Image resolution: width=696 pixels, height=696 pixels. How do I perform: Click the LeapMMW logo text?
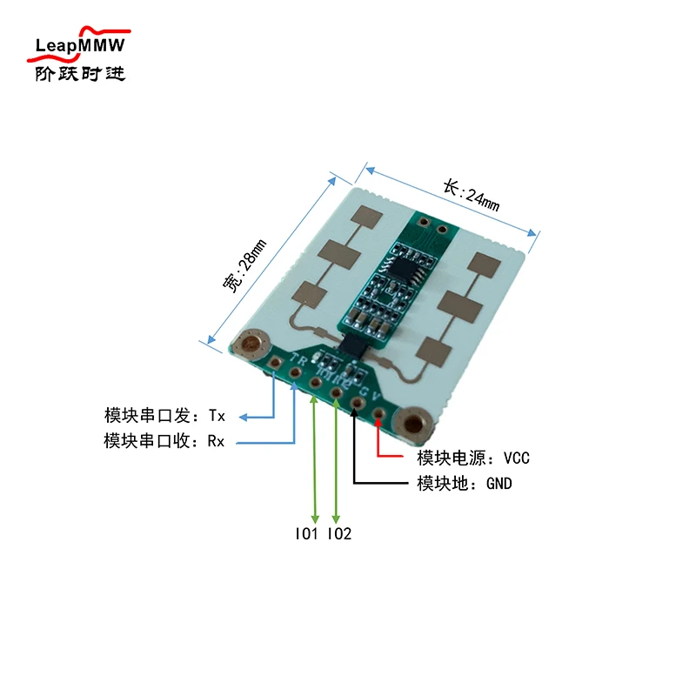(x=80, y=44)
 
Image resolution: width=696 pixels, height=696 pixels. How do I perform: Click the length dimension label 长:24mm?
(x=471, y=197)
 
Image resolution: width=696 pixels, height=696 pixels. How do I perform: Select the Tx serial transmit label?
(x=164, y=416)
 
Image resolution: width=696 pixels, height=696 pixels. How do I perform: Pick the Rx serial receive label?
(x=164, y=441)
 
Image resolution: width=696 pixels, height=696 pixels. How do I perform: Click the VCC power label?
(x=473, y=458)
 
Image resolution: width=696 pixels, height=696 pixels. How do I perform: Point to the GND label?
(x=465, y=484)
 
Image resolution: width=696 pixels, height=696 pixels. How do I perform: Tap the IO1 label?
(x=306, y=534)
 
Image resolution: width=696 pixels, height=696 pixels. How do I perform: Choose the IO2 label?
(x=339, y=534)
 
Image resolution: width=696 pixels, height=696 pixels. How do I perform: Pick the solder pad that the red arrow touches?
(x=378, y=412)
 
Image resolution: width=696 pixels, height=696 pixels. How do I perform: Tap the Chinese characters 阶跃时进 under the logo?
(x=80, y=73)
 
